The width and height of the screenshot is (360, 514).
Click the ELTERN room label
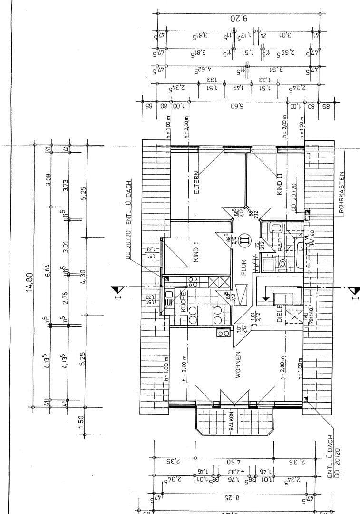(196, 183)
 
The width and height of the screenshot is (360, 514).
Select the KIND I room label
(196, 251)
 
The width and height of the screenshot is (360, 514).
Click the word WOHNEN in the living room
(236, 365)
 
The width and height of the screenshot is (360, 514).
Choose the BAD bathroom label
(281, 246)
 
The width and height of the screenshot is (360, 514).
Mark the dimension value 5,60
(236, 106)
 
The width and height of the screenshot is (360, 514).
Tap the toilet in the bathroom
(282, 263)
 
